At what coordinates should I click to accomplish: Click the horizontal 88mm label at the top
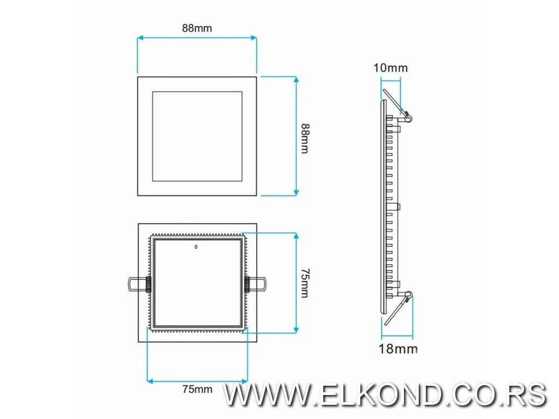[x=197, y=28]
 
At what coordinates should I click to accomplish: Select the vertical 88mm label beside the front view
[x=305, y=138]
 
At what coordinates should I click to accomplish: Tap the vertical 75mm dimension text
[x=305, y=283]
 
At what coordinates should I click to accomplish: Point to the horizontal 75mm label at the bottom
[x=197, y=389]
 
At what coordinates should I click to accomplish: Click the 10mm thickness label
[x=390, y=68]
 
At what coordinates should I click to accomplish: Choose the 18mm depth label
[x=398, y=349]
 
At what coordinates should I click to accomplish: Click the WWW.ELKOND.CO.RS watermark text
[x=385, y=394]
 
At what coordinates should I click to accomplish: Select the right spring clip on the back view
[x=255, y=284]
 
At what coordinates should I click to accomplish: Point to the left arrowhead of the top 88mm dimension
[x=140, y=38]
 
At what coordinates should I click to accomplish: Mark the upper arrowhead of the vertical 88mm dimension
[x=296, y=80]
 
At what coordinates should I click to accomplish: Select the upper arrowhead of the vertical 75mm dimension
[x=296, y=236]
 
